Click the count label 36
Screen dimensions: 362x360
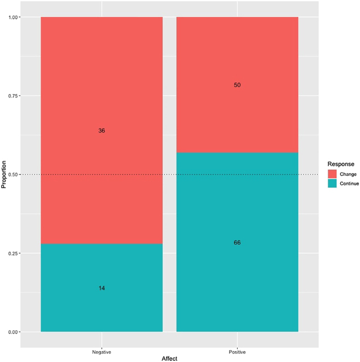pyautogui.click(x=101, y=131)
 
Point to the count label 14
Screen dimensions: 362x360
pyautogui.click(x=101, y=288)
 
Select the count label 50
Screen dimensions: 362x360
pyautogui.click(x=237, y=85)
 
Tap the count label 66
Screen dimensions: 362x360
pyautogui.click(x=237, y=243)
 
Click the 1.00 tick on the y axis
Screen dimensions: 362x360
pyautogui.click(x=13, y=17)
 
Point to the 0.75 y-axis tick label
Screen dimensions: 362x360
pyautogui.click(x=13, y=96)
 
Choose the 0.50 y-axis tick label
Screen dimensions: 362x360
pyautogui.click(x=13, y=175)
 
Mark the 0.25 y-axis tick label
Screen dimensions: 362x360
pyautogui.click(x=13, y=254)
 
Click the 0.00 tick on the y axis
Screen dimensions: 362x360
pyautogui.click(x=13, y=332)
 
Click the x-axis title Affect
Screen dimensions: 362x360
pyautogui.click(x=169, y=358)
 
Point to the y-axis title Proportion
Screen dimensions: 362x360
pyautogui.click(x=4, y=175)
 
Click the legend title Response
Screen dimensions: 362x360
pyautogui.click(x=340, y=164)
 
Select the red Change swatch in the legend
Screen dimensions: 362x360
pyautogui.click(x=332, y=174)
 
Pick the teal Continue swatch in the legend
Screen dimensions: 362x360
pyautogui.click(x=332, y=183)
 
